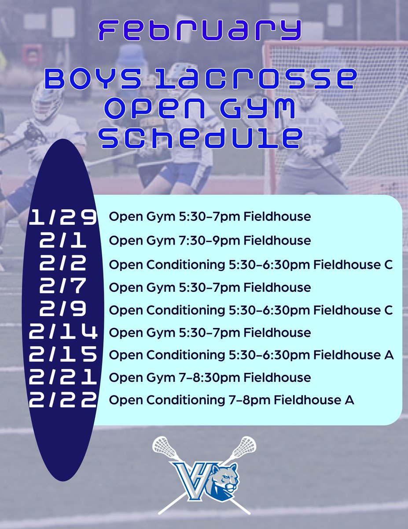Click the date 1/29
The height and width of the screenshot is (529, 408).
62,217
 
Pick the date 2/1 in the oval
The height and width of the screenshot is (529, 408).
62,241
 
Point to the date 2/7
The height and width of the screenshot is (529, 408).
62,287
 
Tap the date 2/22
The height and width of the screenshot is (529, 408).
62,401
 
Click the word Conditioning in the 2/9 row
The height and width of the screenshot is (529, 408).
185,310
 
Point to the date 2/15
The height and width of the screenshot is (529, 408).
62,355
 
